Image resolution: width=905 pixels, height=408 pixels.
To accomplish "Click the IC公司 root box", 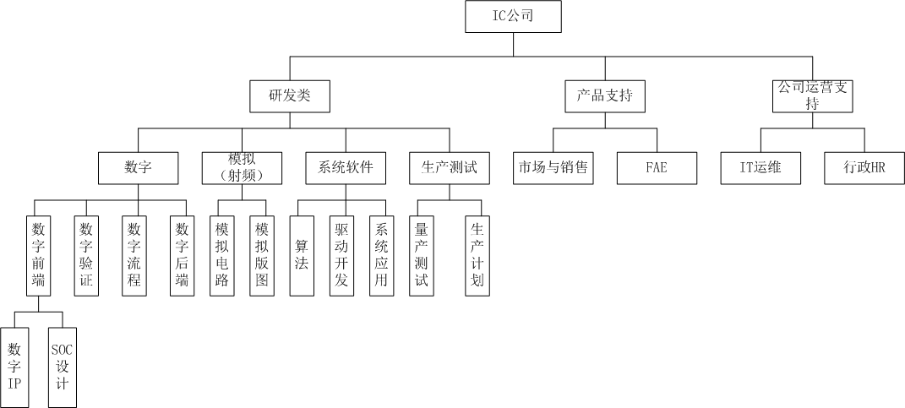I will click(x=512, y=17).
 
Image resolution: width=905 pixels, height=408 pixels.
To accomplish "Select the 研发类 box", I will click(x=290, y=95).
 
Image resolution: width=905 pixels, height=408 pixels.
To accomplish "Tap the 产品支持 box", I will click(x=604, y=95).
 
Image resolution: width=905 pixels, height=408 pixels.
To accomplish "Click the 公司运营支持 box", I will click(x=813, y=95).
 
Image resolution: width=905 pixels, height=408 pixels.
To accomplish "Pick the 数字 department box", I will click(x=138, y=167).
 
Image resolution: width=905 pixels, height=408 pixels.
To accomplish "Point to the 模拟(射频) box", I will click(x=242, y=167).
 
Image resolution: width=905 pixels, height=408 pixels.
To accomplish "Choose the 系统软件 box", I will click(x=346, y=167).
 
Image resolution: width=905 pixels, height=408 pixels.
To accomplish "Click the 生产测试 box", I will click(x=449, y=167).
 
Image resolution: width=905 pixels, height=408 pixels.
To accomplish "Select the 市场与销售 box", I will click(x=553, y=167).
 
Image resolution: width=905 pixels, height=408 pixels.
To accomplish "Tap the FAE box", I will click(x=656, y=167).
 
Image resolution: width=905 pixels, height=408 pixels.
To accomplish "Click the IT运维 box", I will click(x=761, y=167).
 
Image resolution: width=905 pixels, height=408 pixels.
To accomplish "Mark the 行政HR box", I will click(x=864, y=167).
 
